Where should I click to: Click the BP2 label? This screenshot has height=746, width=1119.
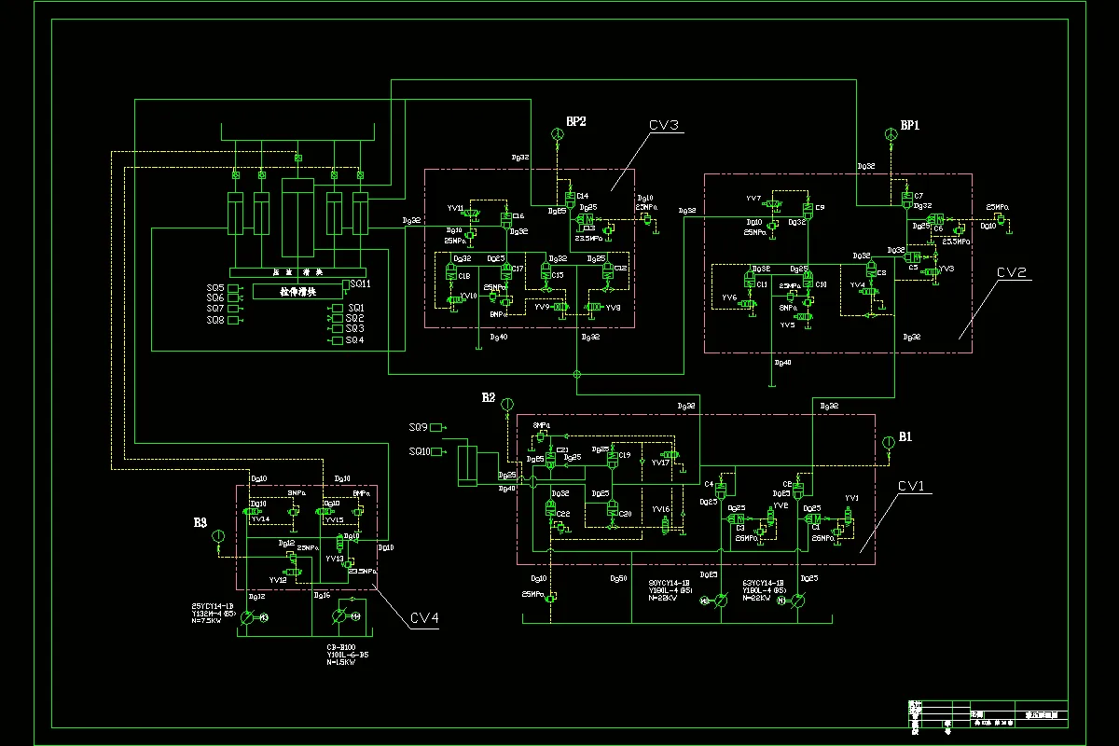click(x=575, y=121)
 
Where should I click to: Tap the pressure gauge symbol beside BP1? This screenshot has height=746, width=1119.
click(x=891, y=138)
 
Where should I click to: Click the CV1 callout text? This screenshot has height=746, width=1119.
click(x=913, y=486)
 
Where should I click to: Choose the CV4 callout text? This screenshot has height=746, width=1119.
click(x=424, y=616)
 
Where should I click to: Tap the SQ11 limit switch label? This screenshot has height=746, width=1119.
click(x=360, y=283)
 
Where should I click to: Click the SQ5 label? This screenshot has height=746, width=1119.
click(x=215, y=288)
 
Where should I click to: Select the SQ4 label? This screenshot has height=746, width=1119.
click(x=354, y=340)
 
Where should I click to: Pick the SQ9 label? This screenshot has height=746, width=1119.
click(x=418, y=427)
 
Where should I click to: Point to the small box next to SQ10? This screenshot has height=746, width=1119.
click(x=437, y=451)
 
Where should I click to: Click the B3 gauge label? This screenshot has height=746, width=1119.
click(x=200, y=523)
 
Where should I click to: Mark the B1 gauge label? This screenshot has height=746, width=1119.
click(x=905, y=436)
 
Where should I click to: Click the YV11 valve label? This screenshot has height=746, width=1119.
click(x=455, y=207)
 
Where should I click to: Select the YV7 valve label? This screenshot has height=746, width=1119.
click(x=753, y=199)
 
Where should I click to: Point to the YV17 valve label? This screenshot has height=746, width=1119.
click(x=660, y=463)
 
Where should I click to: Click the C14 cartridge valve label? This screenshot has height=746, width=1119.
click(x=583, y=196)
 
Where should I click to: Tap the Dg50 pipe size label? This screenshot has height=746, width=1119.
click(x=617, y=579)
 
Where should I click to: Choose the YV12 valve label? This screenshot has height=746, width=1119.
click(x=278, y=580)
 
